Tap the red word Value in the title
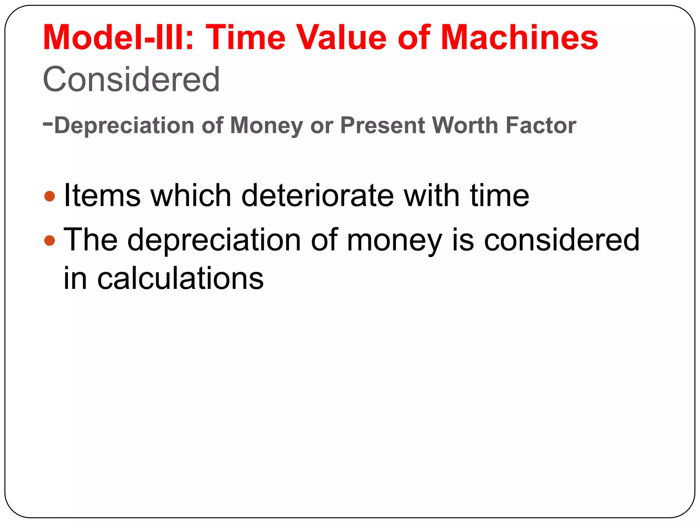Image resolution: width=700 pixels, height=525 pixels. [342, 37]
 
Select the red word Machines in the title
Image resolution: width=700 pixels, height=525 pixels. [519, 37]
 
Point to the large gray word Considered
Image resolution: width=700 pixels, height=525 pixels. [131, 79]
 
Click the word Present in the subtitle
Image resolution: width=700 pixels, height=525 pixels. [382, 125]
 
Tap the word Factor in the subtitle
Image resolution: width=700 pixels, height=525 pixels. [541, 125]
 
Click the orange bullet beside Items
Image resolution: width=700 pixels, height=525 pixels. [50, 196]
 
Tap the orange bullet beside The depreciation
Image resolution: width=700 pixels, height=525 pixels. [50, 241]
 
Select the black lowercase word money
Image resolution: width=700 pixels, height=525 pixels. [394, 241]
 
